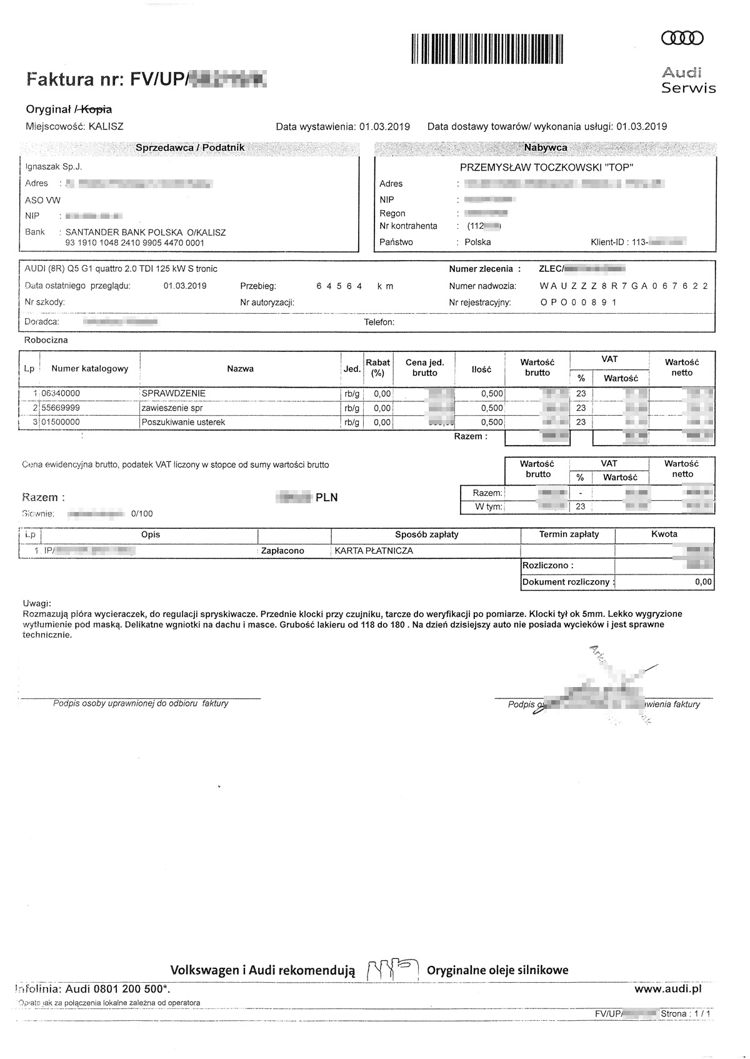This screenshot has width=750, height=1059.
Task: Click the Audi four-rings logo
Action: click(x=682, y=39)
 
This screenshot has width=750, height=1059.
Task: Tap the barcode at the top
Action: click(x=487, y=48)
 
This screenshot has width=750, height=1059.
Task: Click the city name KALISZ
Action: click(x=106, y=126)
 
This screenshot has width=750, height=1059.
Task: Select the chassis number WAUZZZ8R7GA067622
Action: click(x=624, y=286)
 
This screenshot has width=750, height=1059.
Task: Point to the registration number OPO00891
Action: click(x=578, y=303)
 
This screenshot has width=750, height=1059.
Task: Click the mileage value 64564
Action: click(x=339, y=286)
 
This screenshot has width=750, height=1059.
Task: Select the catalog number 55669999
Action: click(x=61, y=408)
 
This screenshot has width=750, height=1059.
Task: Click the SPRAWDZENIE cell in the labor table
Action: click(x=174, y=394)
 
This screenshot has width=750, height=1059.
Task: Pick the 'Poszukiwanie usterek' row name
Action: click(x=183, y=423)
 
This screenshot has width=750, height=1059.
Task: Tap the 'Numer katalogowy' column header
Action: click(x=90, y=369)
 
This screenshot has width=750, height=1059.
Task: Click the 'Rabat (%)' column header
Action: click(x=377, y=368)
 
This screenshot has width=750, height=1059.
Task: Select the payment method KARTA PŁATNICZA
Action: click(x=374, y=551)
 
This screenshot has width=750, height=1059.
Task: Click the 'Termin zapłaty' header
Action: click(x=569, y=535)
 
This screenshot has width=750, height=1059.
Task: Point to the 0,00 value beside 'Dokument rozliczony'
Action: click(x=703, y=582)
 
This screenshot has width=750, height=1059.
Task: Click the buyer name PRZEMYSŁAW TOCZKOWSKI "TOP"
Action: click(x=546, y=168)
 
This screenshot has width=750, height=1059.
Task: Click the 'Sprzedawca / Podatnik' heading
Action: click(x=190, y=148)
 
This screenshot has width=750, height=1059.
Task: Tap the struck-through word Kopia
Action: click(x=96, y=109)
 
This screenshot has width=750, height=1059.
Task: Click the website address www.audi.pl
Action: click(x=668, y=989)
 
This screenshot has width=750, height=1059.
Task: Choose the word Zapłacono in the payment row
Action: click(x=282, y=551)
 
